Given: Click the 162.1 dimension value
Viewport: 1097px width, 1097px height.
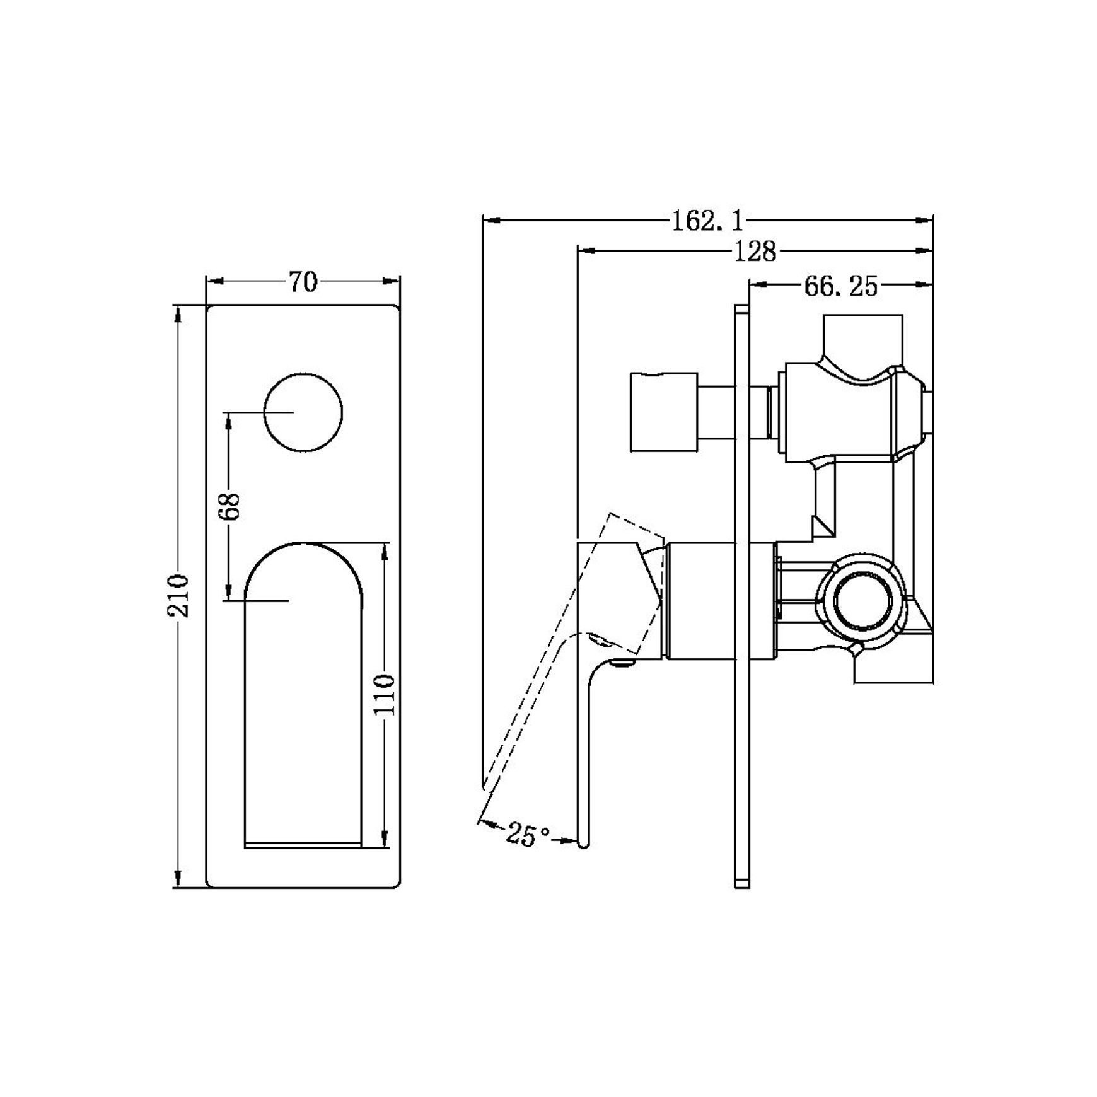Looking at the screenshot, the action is click(x=707, y=221).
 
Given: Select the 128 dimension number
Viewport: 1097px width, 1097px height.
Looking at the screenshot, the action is click(x=755, y=252).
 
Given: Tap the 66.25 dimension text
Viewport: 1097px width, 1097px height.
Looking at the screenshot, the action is click(x=840, y=286).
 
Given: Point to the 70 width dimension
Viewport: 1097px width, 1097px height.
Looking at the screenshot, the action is click(x=303, y=282).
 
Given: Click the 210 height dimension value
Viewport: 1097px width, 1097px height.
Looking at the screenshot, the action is click(x=178, y=595).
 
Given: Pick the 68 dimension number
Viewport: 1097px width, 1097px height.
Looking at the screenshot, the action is click(x=231, y=506).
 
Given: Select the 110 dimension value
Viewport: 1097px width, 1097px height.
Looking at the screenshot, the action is click(x=384, y=694).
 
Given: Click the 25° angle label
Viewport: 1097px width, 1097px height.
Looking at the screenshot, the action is click(x=528, y=836).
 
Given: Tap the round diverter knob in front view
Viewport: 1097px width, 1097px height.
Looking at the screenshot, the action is click(x=303, y=412).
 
